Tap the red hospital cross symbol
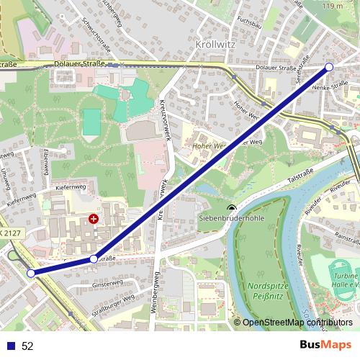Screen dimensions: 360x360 (x=94, y=217)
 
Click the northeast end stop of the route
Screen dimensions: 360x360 (x=330, y=67)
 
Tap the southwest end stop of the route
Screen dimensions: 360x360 (x=30, y=273)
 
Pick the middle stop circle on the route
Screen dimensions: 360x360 (x=94, y=258)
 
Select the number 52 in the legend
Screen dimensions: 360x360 (x=27, y=346)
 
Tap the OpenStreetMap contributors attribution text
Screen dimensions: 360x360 (x=297, y=323)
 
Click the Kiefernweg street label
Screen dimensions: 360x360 (x=70, y=188)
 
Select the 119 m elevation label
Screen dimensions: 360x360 (x=334, y=6)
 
